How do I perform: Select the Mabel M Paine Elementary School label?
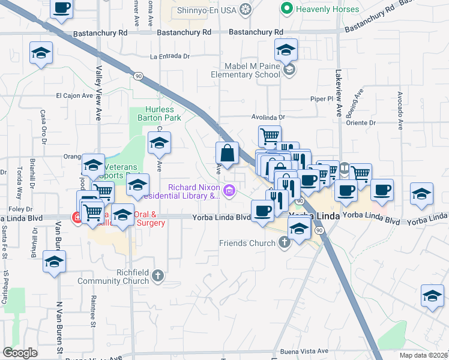tap(245, 70)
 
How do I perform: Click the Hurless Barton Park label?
tap(160, 114)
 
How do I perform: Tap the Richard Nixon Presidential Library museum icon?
tap(231, 191)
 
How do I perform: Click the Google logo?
tap(20, 353)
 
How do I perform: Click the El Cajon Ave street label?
tap(74, 95)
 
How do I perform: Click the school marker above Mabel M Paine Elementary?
tap(286, 50)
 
